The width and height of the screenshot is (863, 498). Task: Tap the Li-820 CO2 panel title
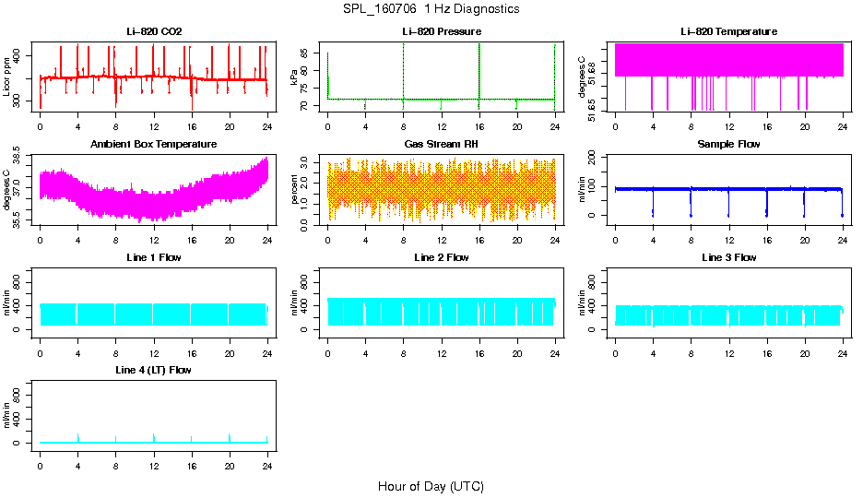pos(154,32)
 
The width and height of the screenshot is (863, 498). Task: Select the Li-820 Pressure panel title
pos(441,32)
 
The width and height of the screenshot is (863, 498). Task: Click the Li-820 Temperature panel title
pos(728,32)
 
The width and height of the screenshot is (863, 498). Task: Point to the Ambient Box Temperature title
pos(154,145)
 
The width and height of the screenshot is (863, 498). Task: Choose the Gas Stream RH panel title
pos(441,145)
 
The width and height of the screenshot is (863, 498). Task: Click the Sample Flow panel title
pos(728,145)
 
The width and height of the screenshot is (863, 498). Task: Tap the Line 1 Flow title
pos(154,257)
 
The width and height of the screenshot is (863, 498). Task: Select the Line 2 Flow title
pos(441,257)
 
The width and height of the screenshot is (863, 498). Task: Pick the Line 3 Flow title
pos(728,257)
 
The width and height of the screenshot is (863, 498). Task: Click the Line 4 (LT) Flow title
pos(154,370)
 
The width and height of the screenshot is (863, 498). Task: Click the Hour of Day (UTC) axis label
pos(431,486)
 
